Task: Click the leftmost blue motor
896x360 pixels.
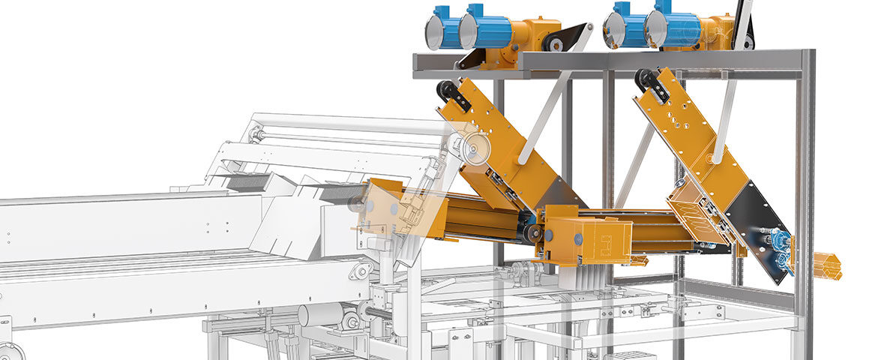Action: pos(444,29)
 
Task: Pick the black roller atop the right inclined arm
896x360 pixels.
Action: pos(647,80)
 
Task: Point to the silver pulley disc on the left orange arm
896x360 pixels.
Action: pos(472,150)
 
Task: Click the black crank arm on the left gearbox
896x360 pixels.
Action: pos(562,40)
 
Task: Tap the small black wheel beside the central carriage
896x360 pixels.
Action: pos(533,234)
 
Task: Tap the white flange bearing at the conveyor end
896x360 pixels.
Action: pos(362,271)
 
